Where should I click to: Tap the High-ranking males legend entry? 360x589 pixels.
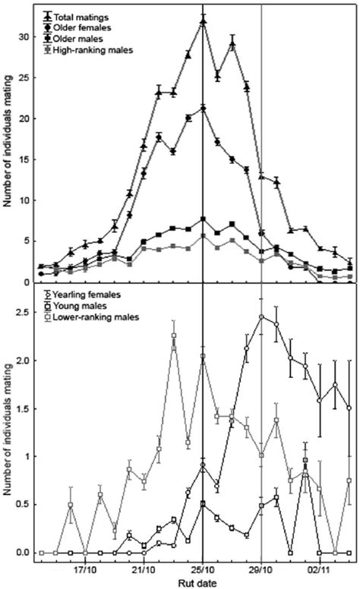click(x=90, y=50)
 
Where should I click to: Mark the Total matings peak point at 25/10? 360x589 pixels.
click(x=203, y=22)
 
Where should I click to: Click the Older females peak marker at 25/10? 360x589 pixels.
click(x=203, y=109)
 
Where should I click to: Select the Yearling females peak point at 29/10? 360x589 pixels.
click(x=261, y=317)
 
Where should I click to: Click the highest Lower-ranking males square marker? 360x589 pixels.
click(x=173, y=335)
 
